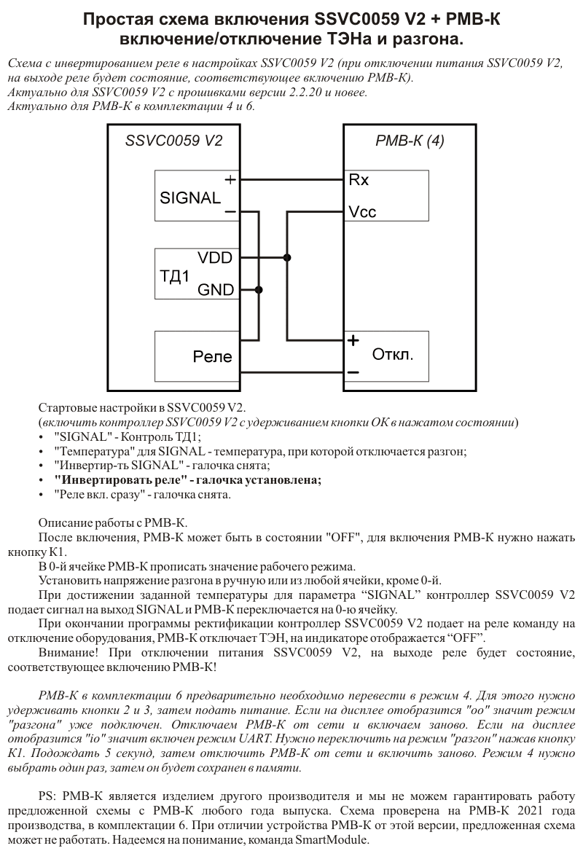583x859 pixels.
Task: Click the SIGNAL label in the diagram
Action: pyautogui.click(x=189, y=198)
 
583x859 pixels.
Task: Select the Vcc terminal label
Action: pyautogui.click(x=362, y=212)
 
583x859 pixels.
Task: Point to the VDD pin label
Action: pyautogui.click(x=215, y=258)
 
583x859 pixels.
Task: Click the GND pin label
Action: pyautogui.click(x=216, y=290)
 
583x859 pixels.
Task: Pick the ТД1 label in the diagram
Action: pyautogui.click(x=174, y=276)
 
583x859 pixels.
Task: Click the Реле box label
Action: pyautogui.click(x=212, y=357)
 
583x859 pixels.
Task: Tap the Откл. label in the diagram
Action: pyautogui.click(x=393, y=355)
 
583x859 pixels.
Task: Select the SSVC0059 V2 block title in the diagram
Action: pyautogui.click(x=174, y=141)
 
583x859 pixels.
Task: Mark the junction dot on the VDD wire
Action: pyautogui.click(x=287, y=257)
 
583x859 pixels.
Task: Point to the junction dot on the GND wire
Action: pyautogui.click(x=259, y=290)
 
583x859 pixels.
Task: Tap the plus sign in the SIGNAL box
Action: pyautogui.click(x=230, y=180)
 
